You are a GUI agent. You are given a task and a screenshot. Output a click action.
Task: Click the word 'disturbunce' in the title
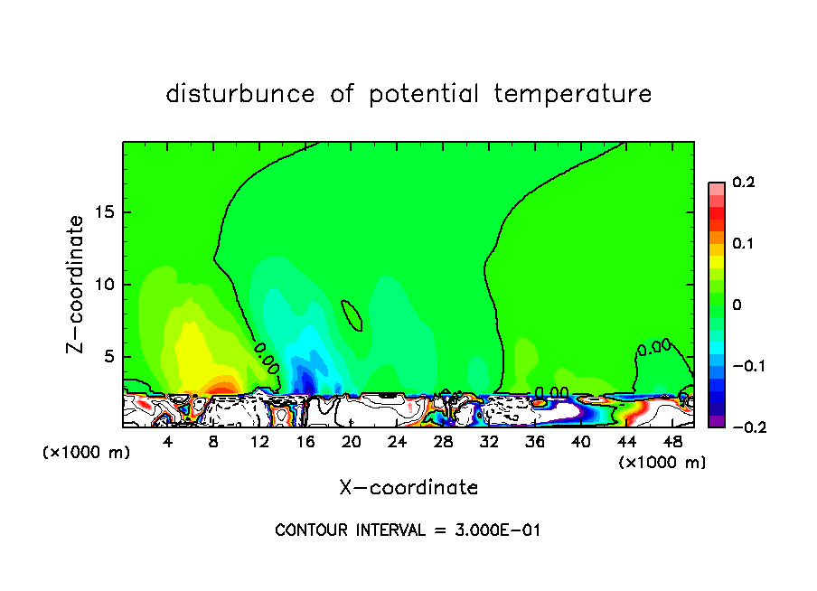tap(239, 94)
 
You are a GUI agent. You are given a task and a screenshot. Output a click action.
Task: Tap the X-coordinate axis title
tap(408, 488)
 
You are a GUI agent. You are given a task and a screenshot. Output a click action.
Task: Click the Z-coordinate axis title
tap(76, 284)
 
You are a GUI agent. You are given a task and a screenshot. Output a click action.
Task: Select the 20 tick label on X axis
tap(352, 442)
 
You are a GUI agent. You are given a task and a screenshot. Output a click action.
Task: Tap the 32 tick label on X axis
tap(489, 442)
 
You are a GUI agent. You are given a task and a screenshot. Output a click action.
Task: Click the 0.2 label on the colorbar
tap(743, 183)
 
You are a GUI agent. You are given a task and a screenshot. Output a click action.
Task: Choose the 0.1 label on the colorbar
tap(743, 244)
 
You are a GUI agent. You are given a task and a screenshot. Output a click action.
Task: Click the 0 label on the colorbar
tap(737, 305)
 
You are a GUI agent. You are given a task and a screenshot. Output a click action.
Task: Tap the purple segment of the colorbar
tap(716, 421)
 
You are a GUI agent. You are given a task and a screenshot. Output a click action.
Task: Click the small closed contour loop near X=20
tap(352, 315)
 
